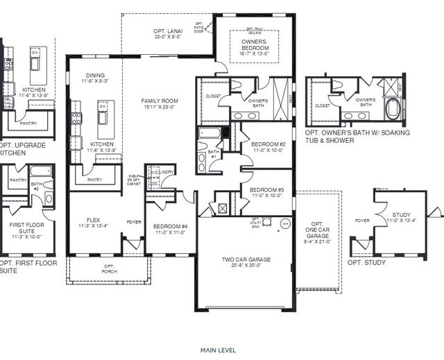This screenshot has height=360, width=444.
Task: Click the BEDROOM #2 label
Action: point(267,146)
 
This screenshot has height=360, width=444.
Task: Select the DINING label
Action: point(95,78)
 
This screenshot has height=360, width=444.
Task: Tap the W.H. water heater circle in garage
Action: point(284,224)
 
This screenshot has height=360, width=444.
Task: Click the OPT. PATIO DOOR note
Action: point(200,28)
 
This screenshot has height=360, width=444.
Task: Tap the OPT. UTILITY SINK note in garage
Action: point(256,223)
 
